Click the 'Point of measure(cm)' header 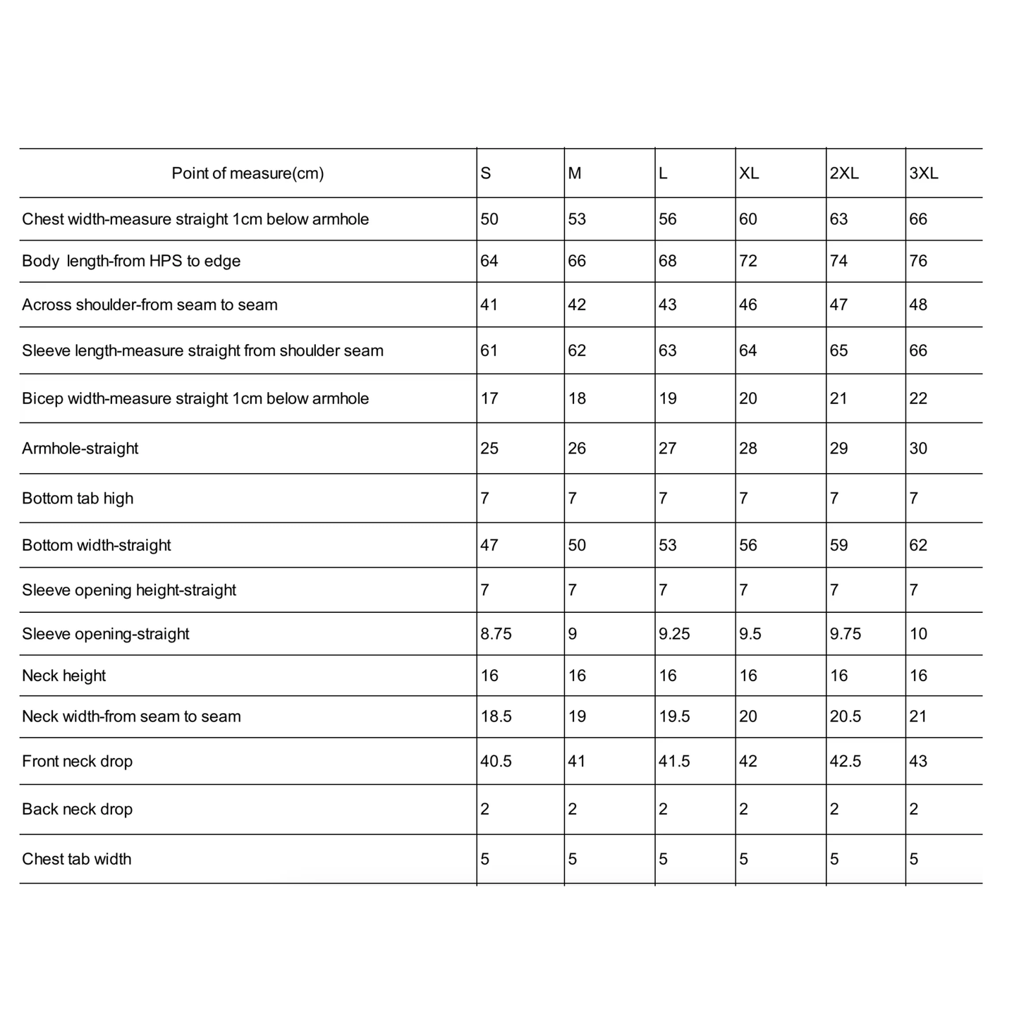(x=248, y=173)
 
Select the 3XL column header (x=923, y=173)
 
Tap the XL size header (x=748, y=173)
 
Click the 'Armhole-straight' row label (x=80, y=449)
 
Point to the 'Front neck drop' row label (x=78, y=762)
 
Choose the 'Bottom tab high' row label (x=78, y=499)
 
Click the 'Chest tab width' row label (x=77, y=859)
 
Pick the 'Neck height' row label (x=64, y=676)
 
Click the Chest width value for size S (x=489, y=219)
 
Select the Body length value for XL (x=748, y=261)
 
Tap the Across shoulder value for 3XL (x=918, y=305)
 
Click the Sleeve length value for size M (x=577, y=350)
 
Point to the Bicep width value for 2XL (x=838, y=398)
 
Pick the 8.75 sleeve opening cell (x=496, y=634)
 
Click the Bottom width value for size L (x=667, y=545)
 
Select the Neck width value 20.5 (x=845, y=716)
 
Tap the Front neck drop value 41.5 (x=674, y=762)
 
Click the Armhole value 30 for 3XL (x=918, y=449)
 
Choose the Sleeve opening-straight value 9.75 (x=845, y=634)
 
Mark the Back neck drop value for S (x=485, y=809)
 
